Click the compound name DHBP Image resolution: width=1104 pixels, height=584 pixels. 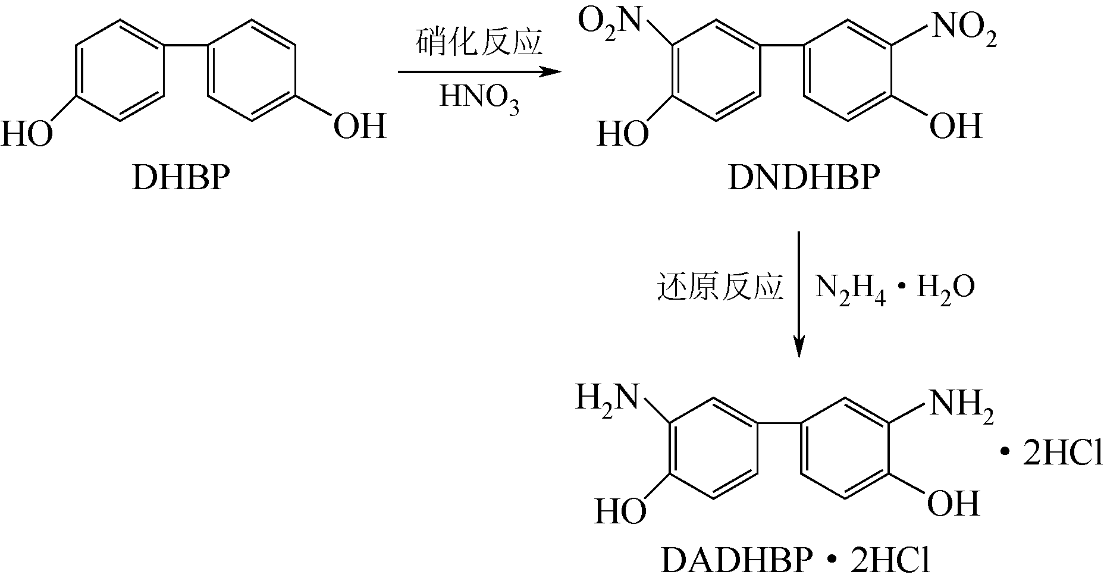click(x=180, y=177)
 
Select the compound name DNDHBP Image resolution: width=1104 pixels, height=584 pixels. click(x=803, y=177)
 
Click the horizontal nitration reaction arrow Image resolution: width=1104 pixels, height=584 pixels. click(x=479, y=73)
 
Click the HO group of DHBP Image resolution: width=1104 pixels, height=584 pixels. click(x=26, y=133)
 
